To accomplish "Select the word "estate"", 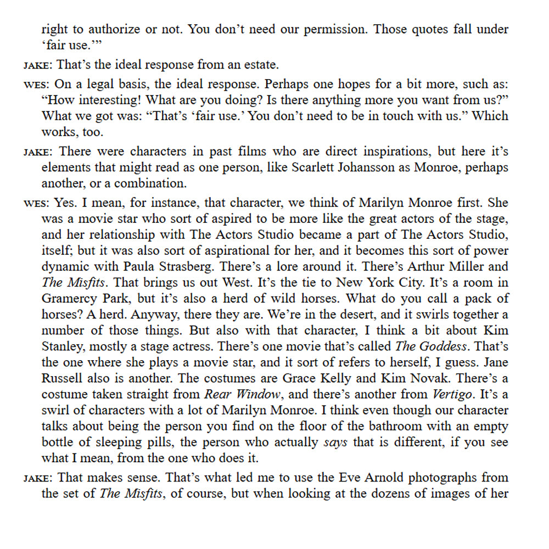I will pos(260,65).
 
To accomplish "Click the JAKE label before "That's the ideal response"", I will pos(37,65).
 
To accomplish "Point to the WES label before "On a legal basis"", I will pos(36,85).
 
